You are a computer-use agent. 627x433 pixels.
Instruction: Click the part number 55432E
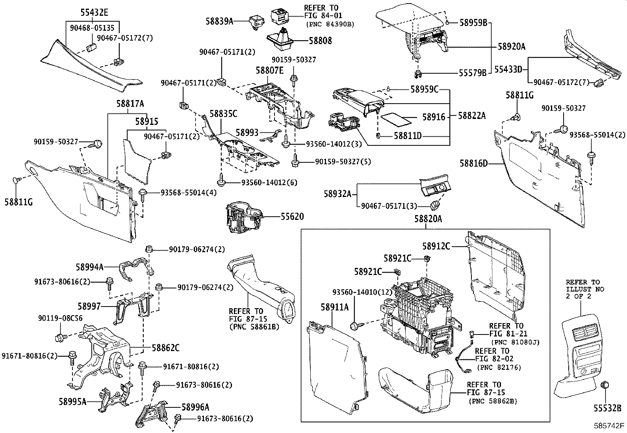click(94, 12)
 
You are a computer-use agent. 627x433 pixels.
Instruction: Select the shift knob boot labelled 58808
click(280, 40)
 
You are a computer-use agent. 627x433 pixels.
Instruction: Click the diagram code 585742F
click(609, 426)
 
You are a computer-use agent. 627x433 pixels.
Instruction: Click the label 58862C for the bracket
click(166, 348)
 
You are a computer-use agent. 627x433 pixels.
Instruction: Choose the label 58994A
click(89, 267)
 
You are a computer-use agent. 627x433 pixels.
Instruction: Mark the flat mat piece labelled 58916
click(395, 117)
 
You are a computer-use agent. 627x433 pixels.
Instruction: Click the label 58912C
click(436, 246)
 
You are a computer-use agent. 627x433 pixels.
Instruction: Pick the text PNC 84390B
click(330, 24)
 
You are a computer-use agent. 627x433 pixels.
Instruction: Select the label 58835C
click(223, 114)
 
